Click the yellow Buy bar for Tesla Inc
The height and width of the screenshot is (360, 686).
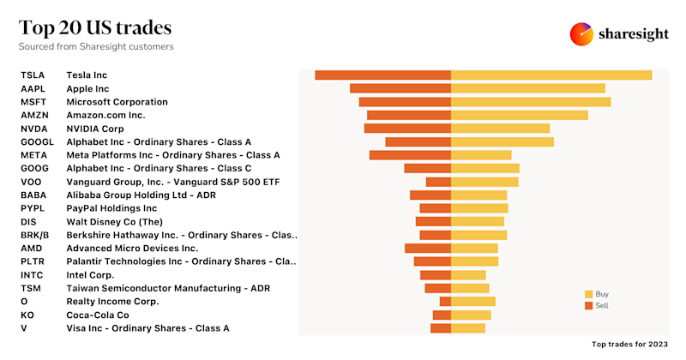point(551,75)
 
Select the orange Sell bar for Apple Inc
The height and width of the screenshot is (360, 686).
point(400,88)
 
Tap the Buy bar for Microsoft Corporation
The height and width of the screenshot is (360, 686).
point(531,102)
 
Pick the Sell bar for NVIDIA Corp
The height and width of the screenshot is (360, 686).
point(407,129)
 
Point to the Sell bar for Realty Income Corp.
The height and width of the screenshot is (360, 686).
point(445,302)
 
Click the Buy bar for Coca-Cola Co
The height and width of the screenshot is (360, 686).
point(471,315)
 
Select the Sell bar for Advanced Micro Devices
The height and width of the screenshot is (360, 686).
point(428,249)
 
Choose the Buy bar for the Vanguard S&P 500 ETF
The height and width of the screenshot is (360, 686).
point(484,182)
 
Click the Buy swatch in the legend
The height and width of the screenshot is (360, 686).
point(588,294)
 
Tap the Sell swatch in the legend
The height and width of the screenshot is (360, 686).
point(588,305)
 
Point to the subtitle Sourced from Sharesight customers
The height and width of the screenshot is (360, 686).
point(96,46)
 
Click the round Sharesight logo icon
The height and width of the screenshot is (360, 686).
point(582,33)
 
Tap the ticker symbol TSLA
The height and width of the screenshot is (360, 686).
point(33,75)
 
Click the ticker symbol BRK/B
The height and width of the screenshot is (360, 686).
point(35,235)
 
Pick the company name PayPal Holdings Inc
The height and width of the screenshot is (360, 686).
point(111,208)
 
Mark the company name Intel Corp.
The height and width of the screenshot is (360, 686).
point(90,275)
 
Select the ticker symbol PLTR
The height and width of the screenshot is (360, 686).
point(33,261)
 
